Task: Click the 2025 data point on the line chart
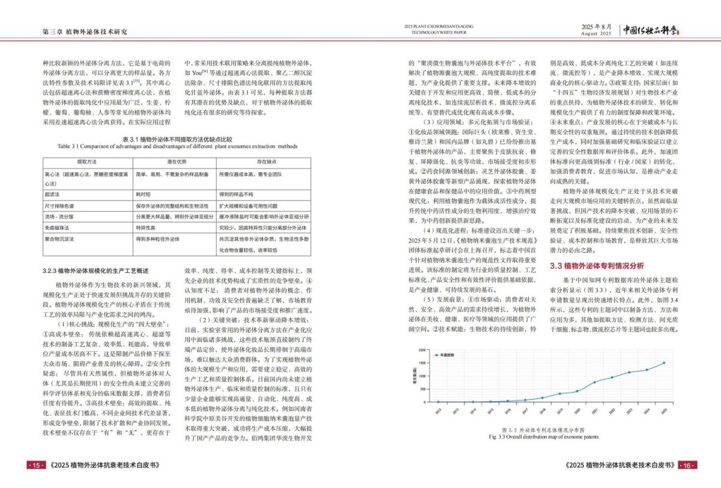(x=664, y=363)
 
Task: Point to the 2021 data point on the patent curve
(x=595, y=382)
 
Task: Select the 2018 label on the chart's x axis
(x=543, y=409)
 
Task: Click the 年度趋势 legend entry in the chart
(x=447, y=355)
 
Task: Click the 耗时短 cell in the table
(x=142, y=195)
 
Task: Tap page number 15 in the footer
(x=35, y=465)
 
